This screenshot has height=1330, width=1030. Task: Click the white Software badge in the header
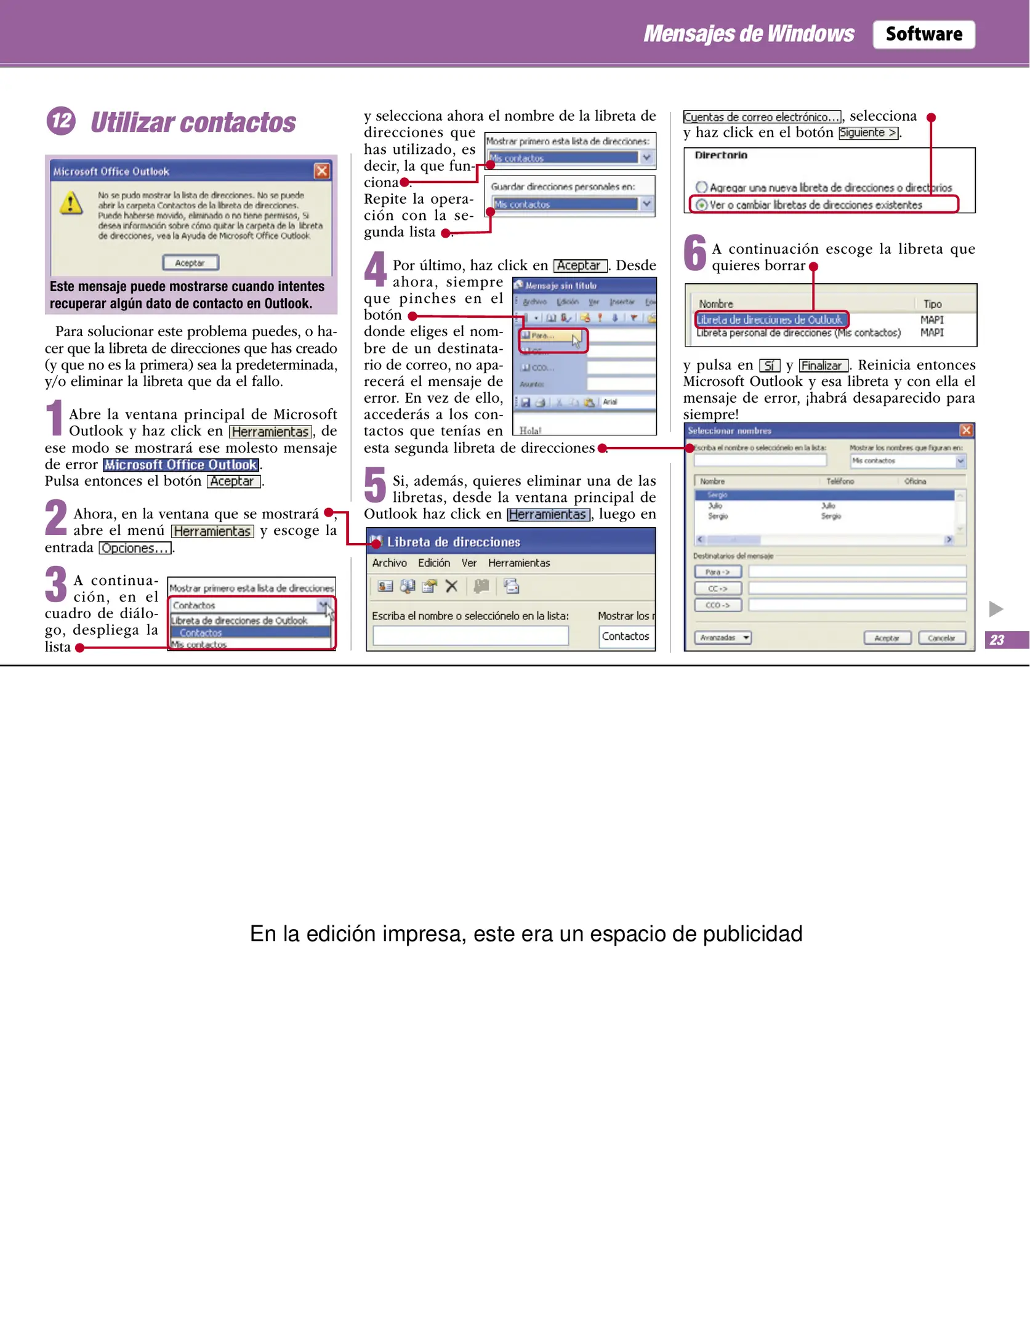(923, 34)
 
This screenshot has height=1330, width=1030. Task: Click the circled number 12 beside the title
(61, 121)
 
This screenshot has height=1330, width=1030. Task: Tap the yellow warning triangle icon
(71, 203)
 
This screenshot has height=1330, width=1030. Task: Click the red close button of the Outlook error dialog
(321, 171)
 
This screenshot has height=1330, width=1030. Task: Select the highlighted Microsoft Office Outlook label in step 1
(180, 465)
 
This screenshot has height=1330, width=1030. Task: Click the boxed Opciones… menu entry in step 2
(135, 548)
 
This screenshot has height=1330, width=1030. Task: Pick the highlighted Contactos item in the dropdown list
(201, 633)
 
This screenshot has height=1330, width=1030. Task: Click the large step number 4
(374, 269)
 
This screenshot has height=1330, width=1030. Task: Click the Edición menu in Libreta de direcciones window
(433, 563)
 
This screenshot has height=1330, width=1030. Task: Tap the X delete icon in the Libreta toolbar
(451, 586)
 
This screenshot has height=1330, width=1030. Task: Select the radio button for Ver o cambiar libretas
(701, 204)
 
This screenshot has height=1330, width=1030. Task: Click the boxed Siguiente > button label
(868, 132)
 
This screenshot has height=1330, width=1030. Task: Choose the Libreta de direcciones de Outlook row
(769, 320)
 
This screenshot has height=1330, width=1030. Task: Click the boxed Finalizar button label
(824, 366)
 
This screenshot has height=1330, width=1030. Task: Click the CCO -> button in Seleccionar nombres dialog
(717, 605)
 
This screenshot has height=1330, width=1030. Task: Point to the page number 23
(997, 640)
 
